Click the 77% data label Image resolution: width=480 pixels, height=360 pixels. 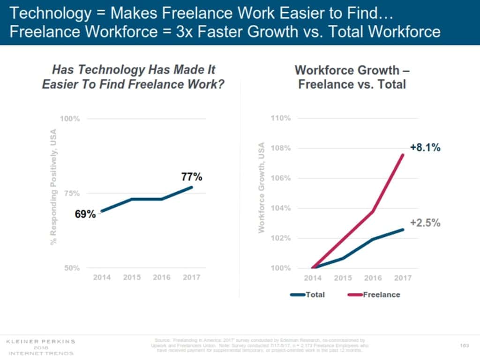[x=192, y=177]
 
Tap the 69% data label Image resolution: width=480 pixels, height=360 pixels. [x=85, y=215]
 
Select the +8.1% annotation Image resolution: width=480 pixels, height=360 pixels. [x=425, y=148]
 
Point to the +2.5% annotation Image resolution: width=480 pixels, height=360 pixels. [x=425, y=223]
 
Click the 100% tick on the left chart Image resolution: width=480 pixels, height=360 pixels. [x=70, y=119]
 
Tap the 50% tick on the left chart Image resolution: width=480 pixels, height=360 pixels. [x=72, y=268]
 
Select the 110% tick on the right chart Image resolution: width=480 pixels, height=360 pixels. [x=281, y=118]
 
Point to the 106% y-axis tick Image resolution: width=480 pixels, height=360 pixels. [x=281, y=178]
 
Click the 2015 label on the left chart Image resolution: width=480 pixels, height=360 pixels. [x=132, y=277]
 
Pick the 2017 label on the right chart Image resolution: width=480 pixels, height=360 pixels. [x=403, y=278]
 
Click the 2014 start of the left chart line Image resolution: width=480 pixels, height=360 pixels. [x=102, y=211]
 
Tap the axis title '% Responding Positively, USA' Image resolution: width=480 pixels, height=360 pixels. [x=53, y=186]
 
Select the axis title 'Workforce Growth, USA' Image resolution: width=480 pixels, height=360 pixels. [x=262, y=187]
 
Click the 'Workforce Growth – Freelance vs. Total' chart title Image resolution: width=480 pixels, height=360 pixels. [x=352, y=77]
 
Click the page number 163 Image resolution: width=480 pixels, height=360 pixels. [x=465, y=345]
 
